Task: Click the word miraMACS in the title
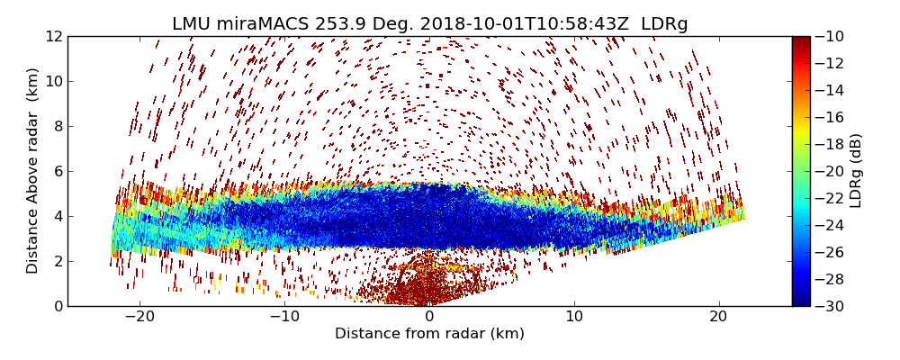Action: [261, 24]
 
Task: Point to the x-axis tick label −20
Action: [139, 318]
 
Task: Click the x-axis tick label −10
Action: [284, 318]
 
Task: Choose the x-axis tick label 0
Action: [429, 318]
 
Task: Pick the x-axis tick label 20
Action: [718, 318]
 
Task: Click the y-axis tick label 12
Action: [54, 36]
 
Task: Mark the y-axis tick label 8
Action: [58, 126]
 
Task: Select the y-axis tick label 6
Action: [58, 171]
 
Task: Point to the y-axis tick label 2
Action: [58, 261]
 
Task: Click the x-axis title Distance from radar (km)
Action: [429, 334]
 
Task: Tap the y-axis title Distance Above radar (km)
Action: [33, 171]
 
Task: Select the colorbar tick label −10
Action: [832, 36]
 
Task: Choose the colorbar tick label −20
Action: [832, 171]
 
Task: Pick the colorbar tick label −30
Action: [832, 306]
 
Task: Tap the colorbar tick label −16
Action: [832, 117]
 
